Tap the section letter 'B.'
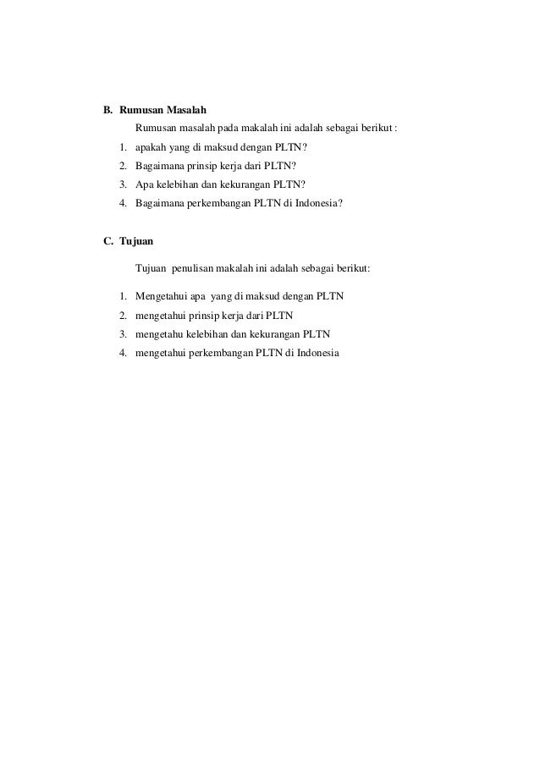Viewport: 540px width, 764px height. pyautogui.click(x=108, y=110)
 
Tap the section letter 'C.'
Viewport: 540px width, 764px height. pyautogui.click(x=108, y=241)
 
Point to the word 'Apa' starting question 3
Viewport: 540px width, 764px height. pyautogui.click(x=143, y=184)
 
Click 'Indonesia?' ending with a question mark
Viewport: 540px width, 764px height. pyautogui.click(x=316, y=203)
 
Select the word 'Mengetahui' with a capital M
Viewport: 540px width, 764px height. pyautogui.click(x=159, y=296)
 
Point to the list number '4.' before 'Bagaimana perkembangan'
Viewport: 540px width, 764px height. pyautogui.click(x=124, y=203)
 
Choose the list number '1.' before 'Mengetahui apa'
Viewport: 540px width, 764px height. pyautogui.click(x=124, y=296)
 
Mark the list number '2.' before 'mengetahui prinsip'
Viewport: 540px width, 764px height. pyautogui.click(x=124, y=315)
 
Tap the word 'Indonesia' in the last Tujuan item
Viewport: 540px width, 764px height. pyautogui.click(x=312, y=352)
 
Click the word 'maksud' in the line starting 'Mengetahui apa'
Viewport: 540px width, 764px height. pyautogui.click(x=271, y=296)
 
